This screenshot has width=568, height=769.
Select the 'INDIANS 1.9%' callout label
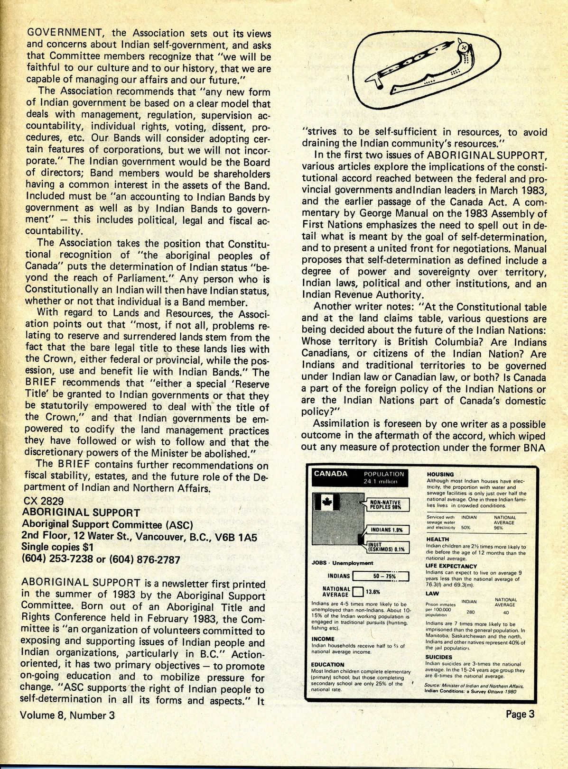(387, 530)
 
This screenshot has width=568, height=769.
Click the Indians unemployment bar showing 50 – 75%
(381, 576)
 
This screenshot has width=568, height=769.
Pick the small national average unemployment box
(358, 591)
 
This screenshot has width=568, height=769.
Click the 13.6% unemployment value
(373, 592)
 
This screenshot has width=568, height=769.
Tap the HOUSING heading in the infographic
(440, 474)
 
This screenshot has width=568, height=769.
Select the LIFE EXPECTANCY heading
(451, 566)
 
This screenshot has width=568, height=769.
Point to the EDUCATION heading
(328, 665)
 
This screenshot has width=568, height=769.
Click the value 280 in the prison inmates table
(470, 612)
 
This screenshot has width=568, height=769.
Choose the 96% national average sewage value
(498, 527)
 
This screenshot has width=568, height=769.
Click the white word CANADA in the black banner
(331, 474)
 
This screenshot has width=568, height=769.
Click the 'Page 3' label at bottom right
(520, 714)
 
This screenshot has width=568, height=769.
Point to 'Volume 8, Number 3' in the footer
(67, 715)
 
